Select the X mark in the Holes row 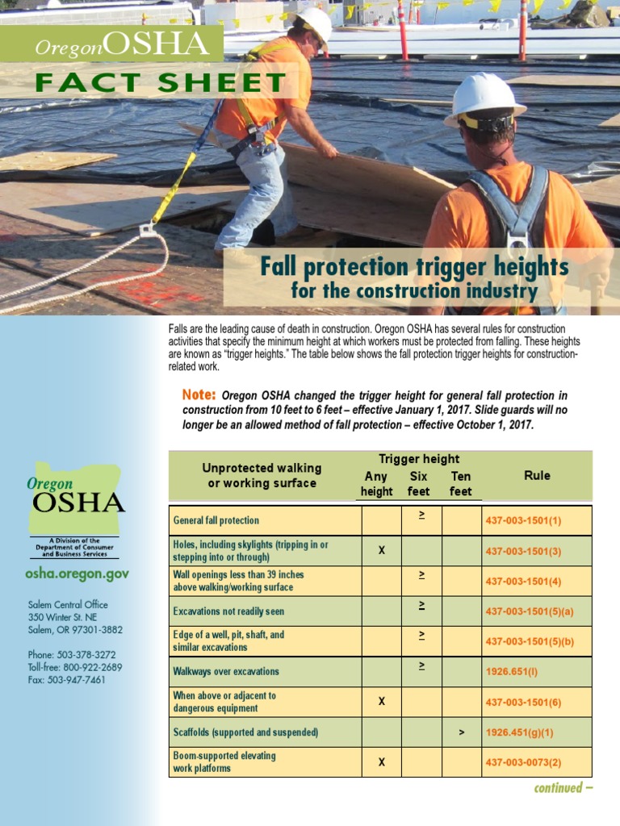(382, 550)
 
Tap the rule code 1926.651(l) (512, 671)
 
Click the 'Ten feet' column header (461, 484)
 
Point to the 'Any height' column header (376, 484)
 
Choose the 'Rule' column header (537, 476)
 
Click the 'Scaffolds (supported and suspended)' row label (245, 732)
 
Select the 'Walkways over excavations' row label (226, 671)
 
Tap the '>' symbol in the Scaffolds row (461, 732)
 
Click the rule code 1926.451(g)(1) (520, 732)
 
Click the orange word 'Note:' (199, 394)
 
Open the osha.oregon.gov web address (77, 574)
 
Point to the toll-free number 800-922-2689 (90, 667)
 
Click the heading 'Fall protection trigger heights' (414, 267)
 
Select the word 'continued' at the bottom (558, 788)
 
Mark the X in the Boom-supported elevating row (382, 762)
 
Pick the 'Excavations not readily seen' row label (228, 611)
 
